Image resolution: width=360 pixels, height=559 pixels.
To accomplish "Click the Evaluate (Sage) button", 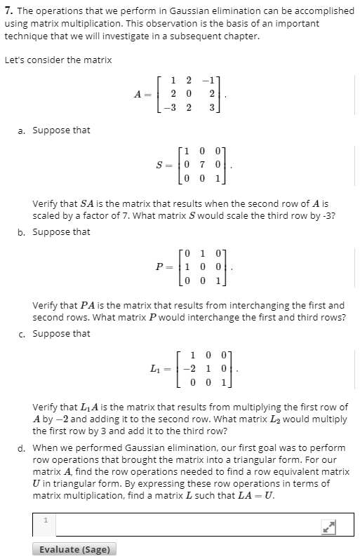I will point(74,549).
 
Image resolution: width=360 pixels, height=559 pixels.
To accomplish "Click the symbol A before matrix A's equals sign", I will point(138,95).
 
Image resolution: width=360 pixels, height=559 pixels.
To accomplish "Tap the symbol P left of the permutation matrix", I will point(159,268).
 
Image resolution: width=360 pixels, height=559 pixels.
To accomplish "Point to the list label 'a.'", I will point(23,130).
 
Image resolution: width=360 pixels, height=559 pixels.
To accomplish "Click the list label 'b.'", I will point(23,232).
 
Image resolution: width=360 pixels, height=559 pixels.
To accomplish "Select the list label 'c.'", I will point(23,334).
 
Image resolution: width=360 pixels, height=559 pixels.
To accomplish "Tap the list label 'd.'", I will point(23,447).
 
